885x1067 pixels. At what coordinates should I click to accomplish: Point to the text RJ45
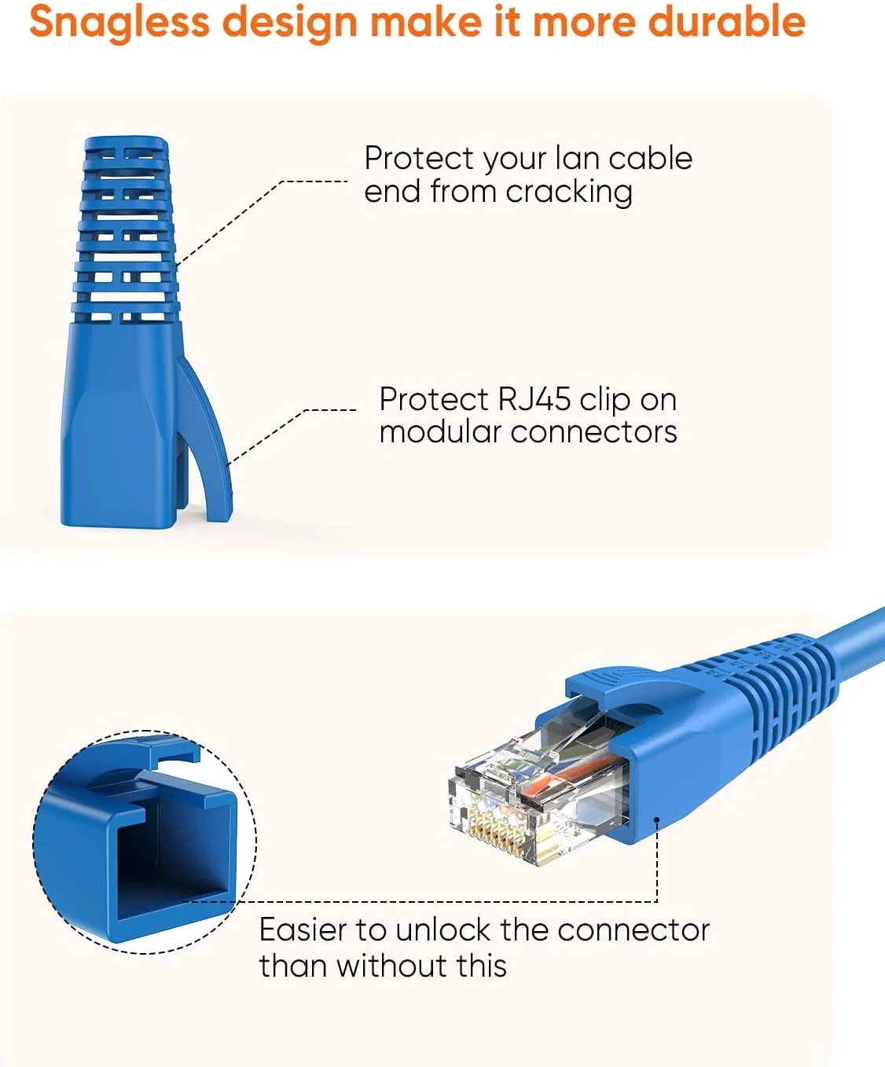click(534, 399)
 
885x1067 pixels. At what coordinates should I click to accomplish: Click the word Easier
click(302, 930)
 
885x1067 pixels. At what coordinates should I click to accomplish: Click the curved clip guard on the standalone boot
click(206, 440)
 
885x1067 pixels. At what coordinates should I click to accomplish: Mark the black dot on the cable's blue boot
click(656, 819)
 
